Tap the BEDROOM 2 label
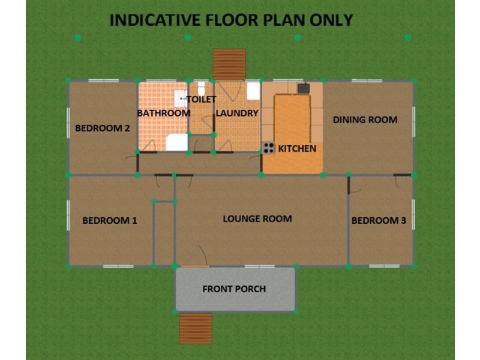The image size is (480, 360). coord(103,127)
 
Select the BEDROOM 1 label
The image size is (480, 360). coord(110,220)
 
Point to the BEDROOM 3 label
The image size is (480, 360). coord(379,221)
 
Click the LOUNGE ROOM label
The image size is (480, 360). coord(257,218)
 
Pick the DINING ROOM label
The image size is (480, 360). coord(365,119)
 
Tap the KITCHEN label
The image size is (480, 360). coord(297,148)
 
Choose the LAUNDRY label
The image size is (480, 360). coord(237,113)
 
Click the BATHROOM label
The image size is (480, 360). coord(164,113)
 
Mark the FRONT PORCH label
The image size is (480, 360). coord(234,289)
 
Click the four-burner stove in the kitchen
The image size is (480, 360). coord(268,148)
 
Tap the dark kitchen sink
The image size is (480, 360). coord(304,88)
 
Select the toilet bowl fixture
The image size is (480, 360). coord(202,89)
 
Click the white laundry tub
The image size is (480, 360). coord(253,90)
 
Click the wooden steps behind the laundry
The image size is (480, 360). coord(230,64)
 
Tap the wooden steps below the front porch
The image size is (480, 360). coord(196,328)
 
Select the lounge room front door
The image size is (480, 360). coord(194,259)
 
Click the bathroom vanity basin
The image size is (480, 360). coord(179,98)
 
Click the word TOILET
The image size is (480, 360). coord(201,99)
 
